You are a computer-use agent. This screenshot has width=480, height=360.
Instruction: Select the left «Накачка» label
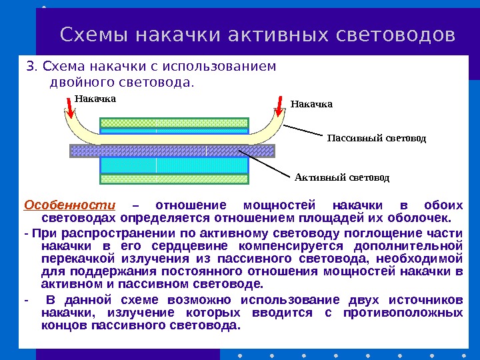coord(95,99)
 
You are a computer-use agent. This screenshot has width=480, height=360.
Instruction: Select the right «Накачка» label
coord(311,104)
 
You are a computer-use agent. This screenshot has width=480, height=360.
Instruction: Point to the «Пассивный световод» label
coord(376,138)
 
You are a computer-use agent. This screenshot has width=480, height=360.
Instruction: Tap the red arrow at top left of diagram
coord(70,107)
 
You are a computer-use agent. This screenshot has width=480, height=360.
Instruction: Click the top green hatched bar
coord(174,123)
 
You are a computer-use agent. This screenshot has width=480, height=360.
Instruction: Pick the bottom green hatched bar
coord(174,179)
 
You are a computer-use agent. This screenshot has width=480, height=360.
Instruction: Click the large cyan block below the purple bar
coord(174,165)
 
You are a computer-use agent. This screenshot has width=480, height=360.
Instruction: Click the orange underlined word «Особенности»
coord(69,205)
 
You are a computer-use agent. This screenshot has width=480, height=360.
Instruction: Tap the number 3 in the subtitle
coord(29,67)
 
